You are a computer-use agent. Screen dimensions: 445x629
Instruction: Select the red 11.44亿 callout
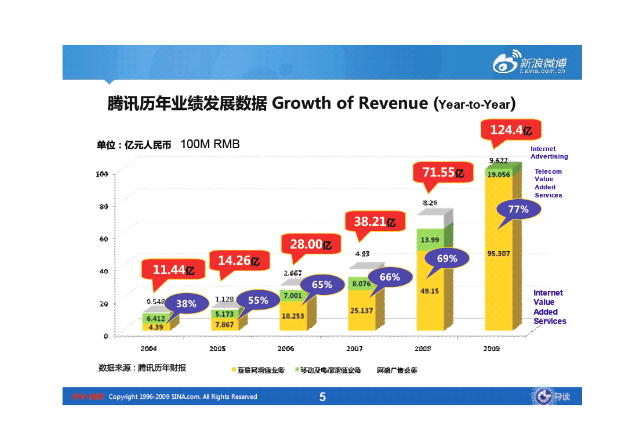point(173,269)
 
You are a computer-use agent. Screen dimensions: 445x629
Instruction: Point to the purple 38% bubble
point(186,303)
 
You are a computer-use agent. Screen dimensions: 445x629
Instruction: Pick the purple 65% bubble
point(322,285)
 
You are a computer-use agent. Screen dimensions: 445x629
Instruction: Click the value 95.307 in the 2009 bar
point(498,253)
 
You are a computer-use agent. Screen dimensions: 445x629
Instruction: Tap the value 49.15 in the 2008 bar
point(429,291)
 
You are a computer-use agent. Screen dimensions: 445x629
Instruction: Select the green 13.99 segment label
point(430,240)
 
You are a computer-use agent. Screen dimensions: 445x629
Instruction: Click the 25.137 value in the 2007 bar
point(361,310)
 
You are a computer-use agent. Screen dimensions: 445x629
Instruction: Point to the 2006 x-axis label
point(285,348)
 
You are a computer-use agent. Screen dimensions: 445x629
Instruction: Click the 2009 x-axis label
point(491,348)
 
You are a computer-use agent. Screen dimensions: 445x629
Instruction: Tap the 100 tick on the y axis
point(102,174)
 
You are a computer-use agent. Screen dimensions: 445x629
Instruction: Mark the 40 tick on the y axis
point(103,271)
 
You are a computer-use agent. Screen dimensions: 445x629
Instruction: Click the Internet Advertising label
point(549,153)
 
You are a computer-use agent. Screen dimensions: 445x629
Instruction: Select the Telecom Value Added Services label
point(548,183)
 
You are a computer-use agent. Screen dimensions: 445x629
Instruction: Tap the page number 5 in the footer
point(322,396)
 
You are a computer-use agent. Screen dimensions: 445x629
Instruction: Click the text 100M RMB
point(210,144)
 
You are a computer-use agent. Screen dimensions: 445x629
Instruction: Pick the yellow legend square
point(233,369)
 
